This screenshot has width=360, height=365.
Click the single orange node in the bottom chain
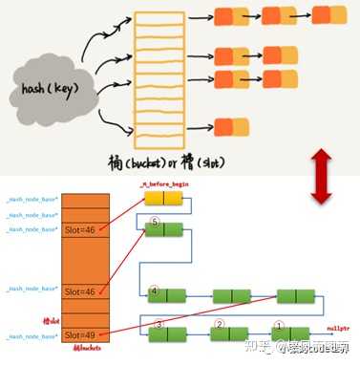[230, 125]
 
